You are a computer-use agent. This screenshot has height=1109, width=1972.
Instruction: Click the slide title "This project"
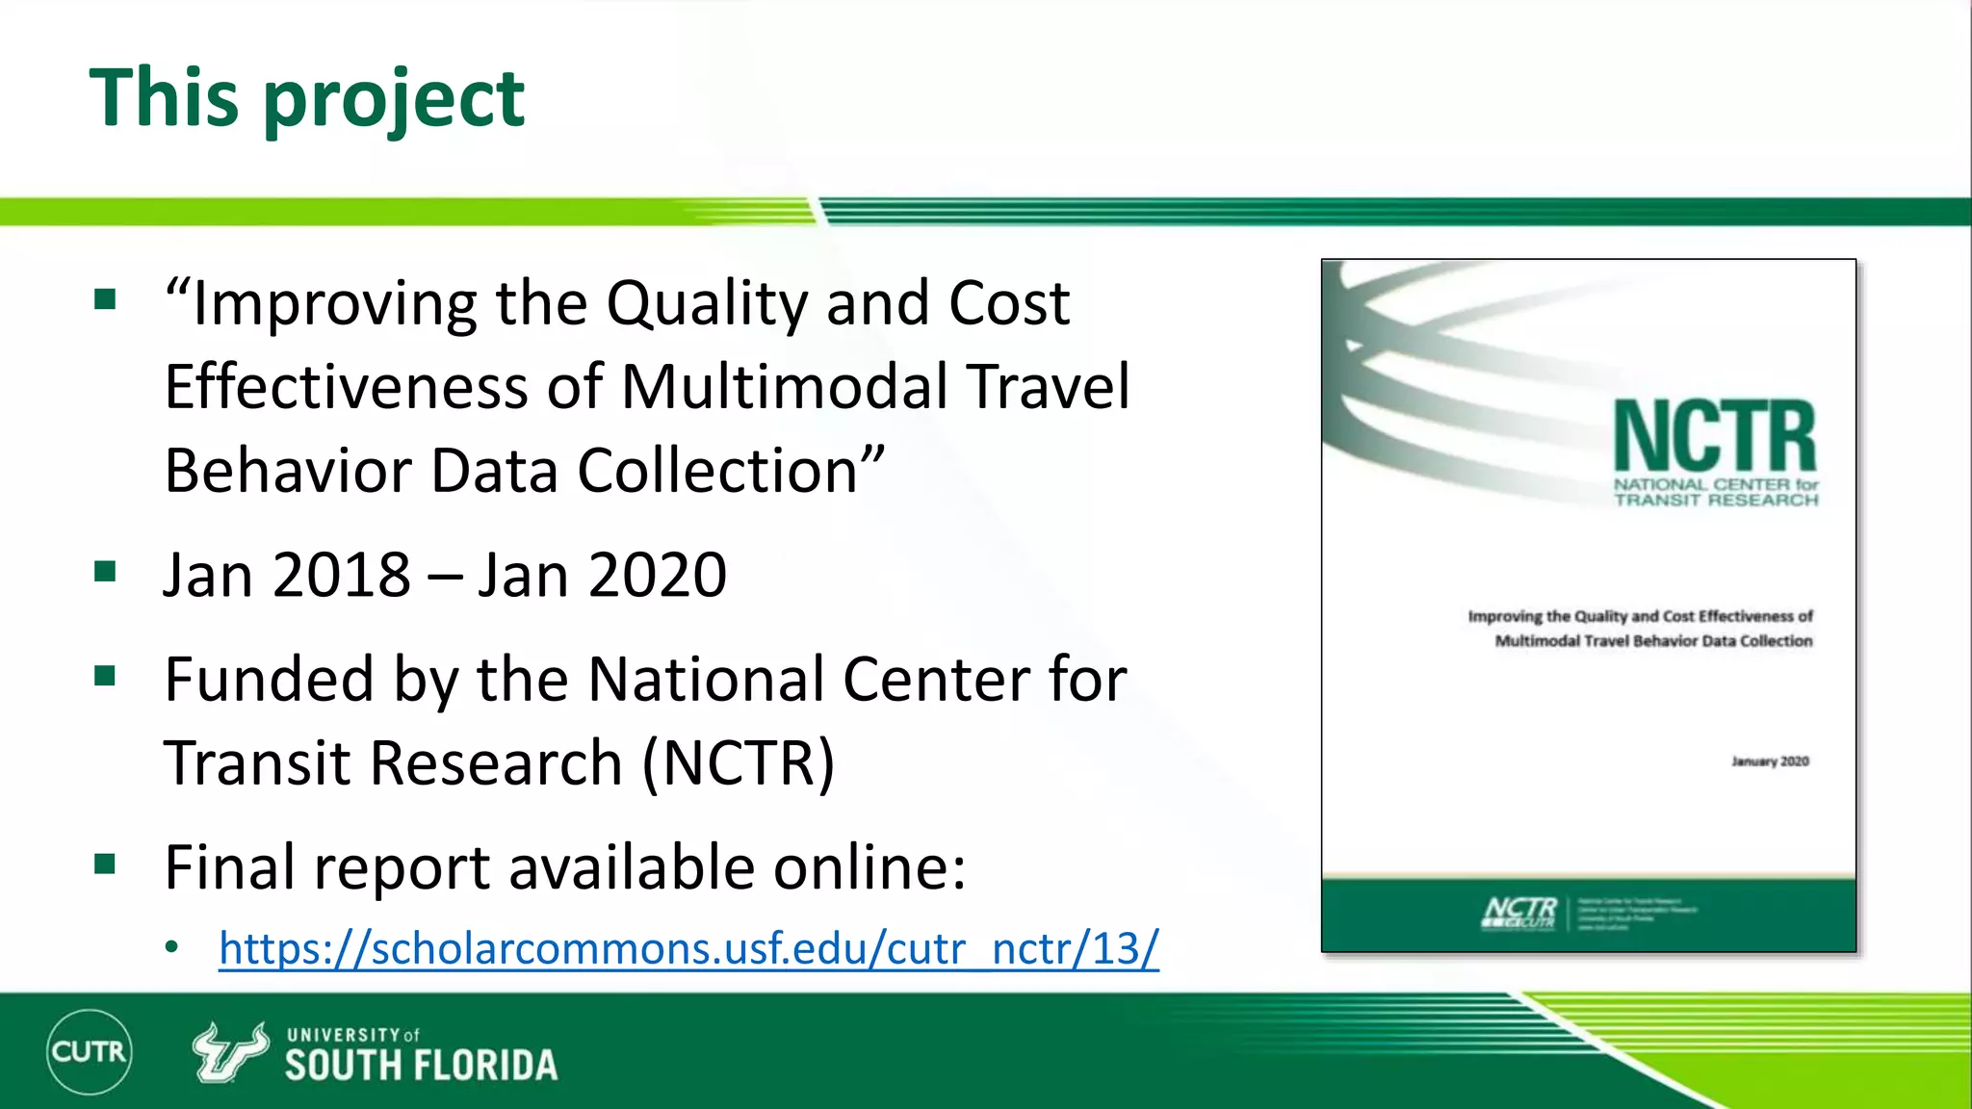306,98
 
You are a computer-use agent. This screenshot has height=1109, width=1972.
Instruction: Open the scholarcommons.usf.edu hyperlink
688,948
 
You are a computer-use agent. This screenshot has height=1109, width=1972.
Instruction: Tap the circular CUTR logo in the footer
89,1051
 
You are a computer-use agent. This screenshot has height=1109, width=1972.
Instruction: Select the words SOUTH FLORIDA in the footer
421,1066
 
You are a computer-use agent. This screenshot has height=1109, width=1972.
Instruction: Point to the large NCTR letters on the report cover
1715,437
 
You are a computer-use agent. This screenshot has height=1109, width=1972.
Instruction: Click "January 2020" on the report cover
1770,761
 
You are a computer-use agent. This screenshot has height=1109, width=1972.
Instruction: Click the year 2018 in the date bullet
342,576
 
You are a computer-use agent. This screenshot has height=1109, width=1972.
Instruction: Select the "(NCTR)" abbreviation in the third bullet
739,763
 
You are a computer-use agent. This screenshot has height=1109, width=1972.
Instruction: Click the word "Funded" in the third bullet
269,680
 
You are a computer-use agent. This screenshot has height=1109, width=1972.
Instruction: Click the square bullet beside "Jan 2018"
105,572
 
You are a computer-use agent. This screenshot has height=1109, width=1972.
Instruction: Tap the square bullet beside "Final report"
105,864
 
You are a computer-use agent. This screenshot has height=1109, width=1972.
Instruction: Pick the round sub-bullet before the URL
171,948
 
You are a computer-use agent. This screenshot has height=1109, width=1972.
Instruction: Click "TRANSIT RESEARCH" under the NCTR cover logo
1716,500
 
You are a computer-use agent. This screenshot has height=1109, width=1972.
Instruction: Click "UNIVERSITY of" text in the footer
352,1035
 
